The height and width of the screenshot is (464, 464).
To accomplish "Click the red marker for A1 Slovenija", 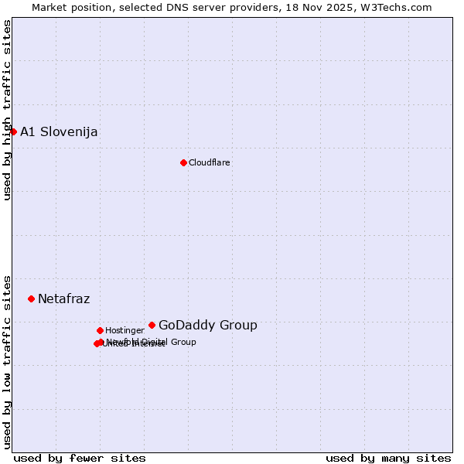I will coord(13,131).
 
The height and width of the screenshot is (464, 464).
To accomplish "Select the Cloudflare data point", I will coord(183,162).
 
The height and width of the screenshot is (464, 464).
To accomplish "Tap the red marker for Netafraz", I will coord(31,299).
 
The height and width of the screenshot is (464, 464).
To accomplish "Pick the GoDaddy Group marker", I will coord(152,325).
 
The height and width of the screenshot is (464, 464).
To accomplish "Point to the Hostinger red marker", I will coord(100,330).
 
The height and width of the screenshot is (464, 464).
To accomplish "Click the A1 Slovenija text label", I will coord(59,131).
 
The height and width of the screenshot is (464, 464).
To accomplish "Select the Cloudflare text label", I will coord(210,162).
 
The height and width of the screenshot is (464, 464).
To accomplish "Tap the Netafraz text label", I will coord(63,299).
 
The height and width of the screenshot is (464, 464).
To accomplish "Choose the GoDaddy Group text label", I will coord(208,325).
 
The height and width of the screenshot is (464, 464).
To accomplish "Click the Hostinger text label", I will coord(125,330).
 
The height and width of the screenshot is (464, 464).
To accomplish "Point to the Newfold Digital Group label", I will coord(152,342).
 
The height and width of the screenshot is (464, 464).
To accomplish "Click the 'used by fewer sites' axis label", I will coord(80,458).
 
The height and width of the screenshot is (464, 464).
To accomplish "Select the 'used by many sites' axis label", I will coord(388,458).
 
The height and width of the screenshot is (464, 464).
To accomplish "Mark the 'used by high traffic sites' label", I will coord(7,110).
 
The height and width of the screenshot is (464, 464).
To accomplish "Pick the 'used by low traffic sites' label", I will coord(7,362).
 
